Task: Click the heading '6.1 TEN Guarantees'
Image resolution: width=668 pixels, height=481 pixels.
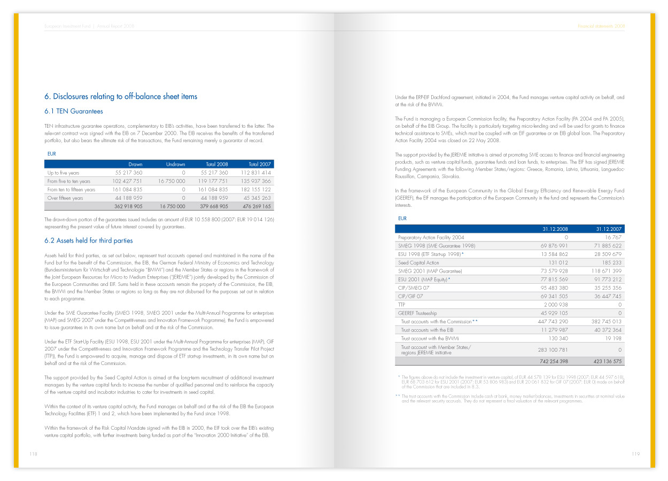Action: point(74,111)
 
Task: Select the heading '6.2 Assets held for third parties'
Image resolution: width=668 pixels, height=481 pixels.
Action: point(89,241)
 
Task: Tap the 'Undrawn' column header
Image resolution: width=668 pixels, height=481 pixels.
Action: point(176,164)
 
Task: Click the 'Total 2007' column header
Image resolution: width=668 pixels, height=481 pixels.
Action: point(260,164)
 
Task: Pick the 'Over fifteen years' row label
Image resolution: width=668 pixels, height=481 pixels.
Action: point(65,198)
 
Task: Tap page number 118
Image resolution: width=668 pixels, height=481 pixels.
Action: point(33,454)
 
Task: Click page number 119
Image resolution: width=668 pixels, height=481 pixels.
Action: point(635,454)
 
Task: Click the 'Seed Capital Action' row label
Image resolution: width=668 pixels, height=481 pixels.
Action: point(418,263)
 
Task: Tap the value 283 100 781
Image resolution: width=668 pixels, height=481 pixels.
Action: point(553,350)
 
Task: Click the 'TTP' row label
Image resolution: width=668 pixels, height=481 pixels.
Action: point(402,305)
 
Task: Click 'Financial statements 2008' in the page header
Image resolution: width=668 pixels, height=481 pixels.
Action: point(601,26)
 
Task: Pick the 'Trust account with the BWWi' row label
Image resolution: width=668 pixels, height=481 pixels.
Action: point(430,338)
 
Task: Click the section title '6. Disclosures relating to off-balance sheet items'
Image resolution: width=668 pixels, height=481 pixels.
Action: point(121,97)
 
